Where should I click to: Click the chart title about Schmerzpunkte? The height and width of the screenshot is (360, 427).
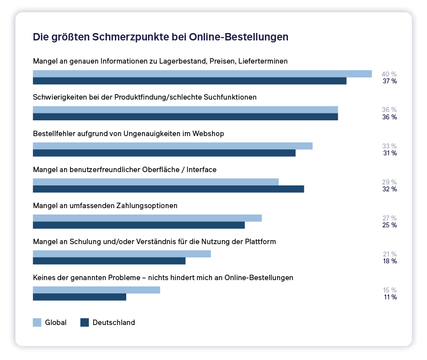(x=160, y=37)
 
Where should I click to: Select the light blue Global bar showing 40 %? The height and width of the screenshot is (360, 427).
(x=202, y=74)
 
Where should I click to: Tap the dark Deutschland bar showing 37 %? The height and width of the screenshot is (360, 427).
(x=190, y=81)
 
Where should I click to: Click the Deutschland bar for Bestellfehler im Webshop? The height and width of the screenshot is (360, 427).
(x=164, y=153)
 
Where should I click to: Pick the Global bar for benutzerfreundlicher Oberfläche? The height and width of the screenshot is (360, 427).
(x=156, y=182)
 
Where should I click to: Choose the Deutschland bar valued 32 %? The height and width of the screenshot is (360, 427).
(x=169, y=189)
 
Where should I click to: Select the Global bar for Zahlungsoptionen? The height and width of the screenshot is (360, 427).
(x=147, y=218)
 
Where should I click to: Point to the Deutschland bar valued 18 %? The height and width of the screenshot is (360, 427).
(x=109, y=261)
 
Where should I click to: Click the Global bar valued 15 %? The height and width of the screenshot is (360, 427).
(x=97, y=290)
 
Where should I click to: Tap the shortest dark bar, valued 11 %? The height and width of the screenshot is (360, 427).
(x=79, y=297)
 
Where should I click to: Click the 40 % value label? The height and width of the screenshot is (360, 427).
(x=389, y=74)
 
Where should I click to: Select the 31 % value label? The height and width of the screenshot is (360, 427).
(x=390, y=153)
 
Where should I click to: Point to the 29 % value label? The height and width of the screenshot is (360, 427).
(x=389, y=182)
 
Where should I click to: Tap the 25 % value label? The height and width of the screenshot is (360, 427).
(x=390, y=225)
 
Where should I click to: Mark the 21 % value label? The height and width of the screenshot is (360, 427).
(x=390, y=254)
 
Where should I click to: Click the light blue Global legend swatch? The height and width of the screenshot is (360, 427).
(x=37, y=323)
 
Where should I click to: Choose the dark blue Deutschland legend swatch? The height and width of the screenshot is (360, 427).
(x=84, y=323)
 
